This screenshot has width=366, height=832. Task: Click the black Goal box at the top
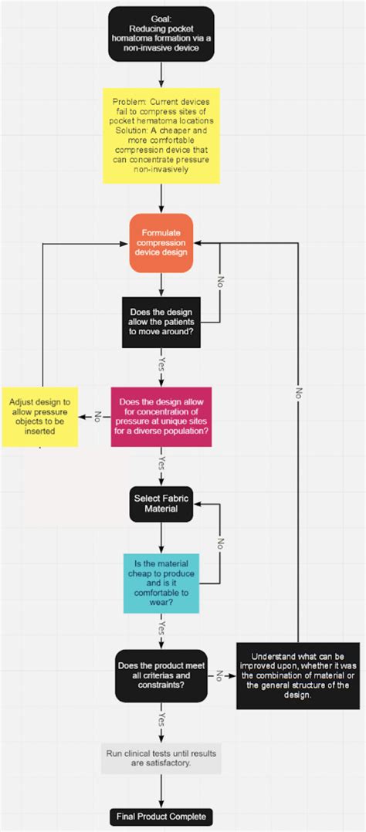[x=161, y=34]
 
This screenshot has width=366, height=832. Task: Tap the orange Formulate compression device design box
[x=161, y=242]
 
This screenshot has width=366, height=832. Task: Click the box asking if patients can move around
[x=161, y=321]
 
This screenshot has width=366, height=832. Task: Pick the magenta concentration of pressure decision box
[x=161, y=417]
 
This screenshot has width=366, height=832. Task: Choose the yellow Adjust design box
[x=39, y=417]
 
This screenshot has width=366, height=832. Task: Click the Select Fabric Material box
[x=161, y=504]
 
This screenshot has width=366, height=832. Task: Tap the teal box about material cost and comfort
[x=161, y=583]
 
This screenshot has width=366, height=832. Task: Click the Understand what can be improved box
[x=297, y=675]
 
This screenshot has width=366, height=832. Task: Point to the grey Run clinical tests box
[x=161, y=758]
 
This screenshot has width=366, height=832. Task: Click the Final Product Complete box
[x=161, y=817]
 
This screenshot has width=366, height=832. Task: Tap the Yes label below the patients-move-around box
[x=161, y=363]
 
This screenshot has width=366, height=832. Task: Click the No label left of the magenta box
[x=97, y=417]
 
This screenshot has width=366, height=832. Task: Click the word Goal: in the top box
[x=161, y=16]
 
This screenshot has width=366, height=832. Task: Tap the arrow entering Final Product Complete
[x=161, y=793]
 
